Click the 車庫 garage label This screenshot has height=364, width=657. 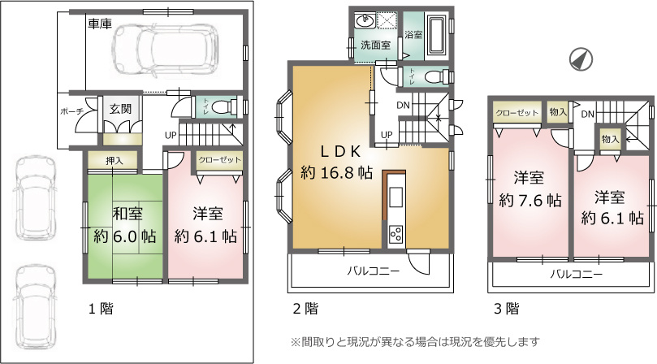pyautogui.click(x=100, y=24)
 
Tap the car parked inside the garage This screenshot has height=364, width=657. pyautogui.click(x=166, y=51)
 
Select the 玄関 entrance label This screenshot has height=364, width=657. pyautogui.click(x=121, y=109)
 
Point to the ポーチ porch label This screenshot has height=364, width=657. pyautogui.click(x=71, y=111)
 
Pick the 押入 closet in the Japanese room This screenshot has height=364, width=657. pyautogui.click(x=112, y=161)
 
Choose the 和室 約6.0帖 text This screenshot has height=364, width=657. pyautogui.click(x=124, y=225)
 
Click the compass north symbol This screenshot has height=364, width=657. pyautogui.click(x=581, y=59)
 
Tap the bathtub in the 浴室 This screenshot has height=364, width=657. pyautogui.click(x=437, y=37)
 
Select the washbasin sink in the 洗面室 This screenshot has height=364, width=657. pyautogui.click(x=365, y=19)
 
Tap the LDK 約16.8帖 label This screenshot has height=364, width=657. pyautogui.click(x=336, y=162)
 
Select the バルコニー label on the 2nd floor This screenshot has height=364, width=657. pyautogui.click(x=373, y=271)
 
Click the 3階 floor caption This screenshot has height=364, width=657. pyautogui.click(x=507, y=309)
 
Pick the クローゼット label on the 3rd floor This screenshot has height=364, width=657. pyautogui.click(x=517, y=113)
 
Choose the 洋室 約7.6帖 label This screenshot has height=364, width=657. pyautogui.click(x=530, y=189)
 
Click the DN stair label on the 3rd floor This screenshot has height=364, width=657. pyautogui.click(x=588, y=114)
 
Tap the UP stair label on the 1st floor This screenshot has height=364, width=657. pyautogui.click(x=171, y=136)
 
